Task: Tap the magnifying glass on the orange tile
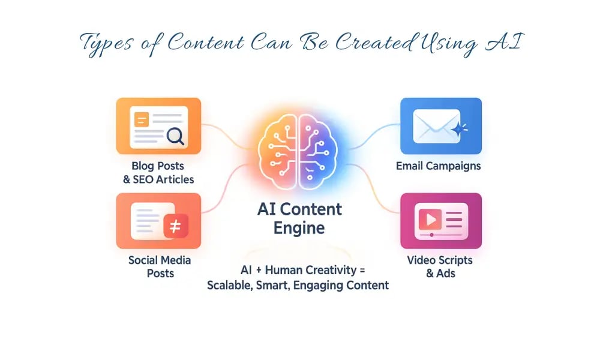pyautogui.click(x=175, y=136)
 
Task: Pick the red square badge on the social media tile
pyautogui.click(x=176, y=226)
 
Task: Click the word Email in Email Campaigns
pyautogui.click(x=410, y=166)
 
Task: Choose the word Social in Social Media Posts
pyautogui.click(x=143, y=260)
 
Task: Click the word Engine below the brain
pyautogui.click(x=299, y=228)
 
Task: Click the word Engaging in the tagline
pyautogui.click(x=317, y=285)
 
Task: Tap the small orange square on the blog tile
pyautogui.click(x=142, y=119)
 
